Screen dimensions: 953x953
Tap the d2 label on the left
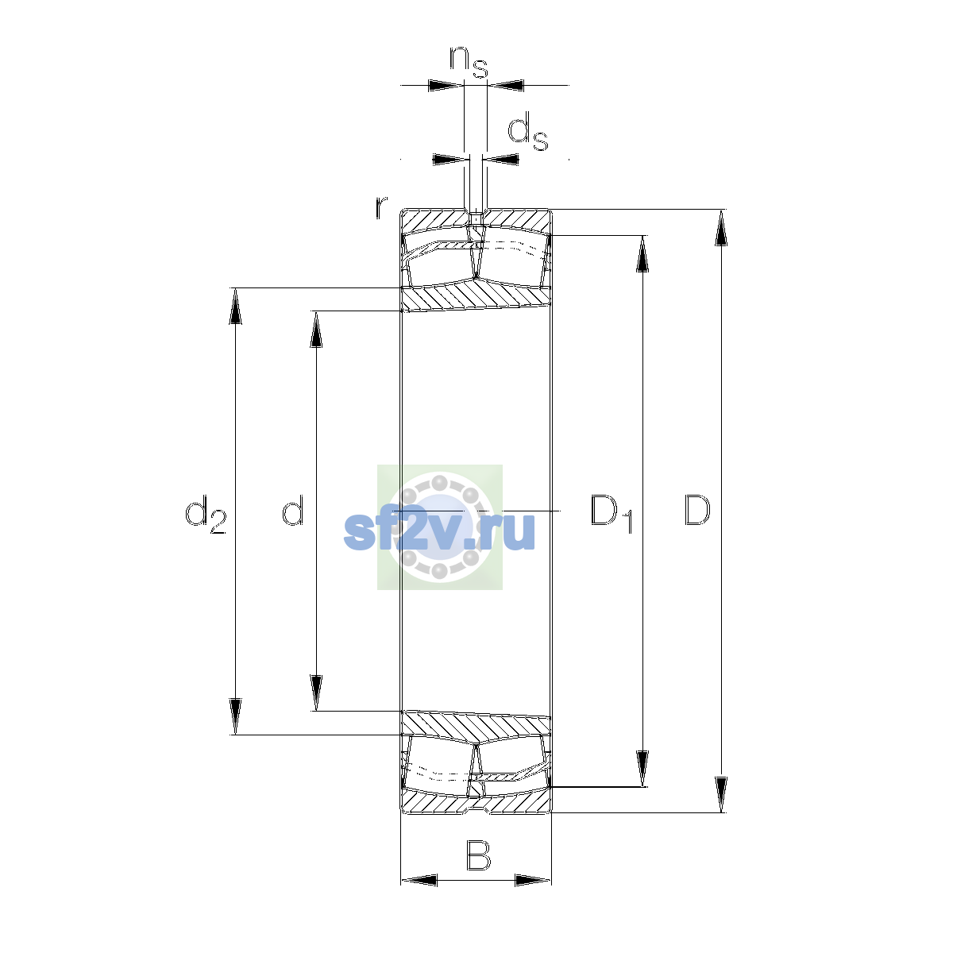coord(206,514)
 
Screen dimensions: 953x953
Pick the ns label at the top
coord(469,62)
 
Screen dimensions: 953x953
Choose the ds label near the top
coord(528,131)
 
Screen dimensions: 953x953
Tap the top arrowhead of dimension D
coord(721,227)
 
